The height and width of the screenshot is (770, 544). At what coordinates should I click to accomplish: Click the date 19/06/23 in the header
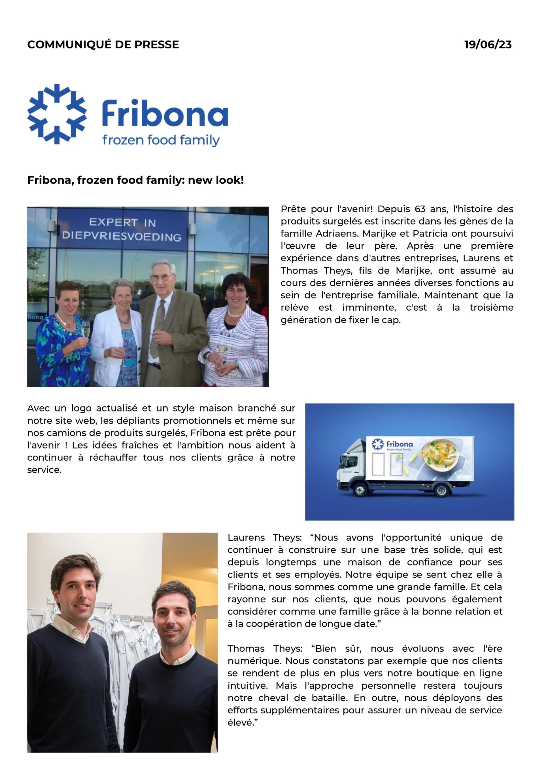[488, 45]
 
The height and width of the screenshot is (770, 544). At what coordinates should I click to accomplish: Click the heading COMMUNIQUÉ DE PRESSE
[103, 45]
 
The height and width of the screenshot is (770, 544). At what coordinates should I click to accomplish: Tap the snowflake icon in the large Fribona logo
[57, 114]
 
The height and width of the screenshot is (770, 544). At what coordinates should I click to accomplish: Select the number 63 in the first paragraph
[420, 209]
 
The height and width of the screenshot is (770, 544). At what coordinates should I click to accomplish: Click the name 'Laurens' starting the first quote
[246, 537]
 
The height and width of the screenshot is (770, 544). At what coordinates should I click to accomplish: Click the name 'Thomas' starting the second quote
[246, 649]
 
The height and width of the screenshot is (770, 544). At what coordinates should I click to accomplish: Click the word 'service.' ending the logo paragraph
[44, 470]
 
